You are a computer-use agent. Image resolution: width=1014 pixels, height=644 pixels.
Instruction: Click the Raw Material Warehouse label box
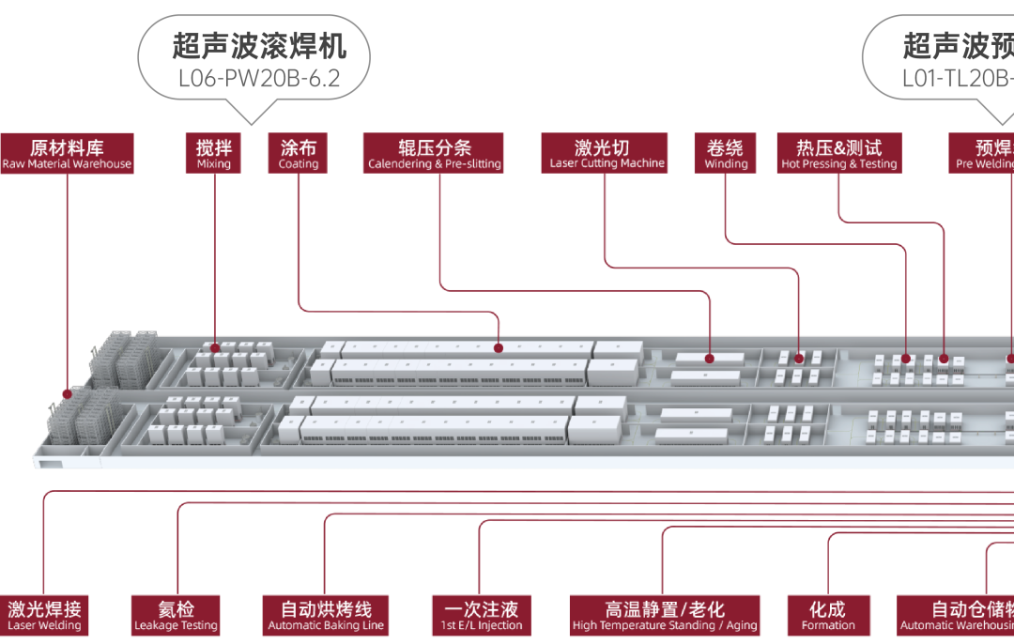[x=67, y=153]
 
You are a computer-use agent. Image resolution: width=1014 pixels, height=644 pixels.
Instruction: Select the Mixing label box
[x=214, y=153]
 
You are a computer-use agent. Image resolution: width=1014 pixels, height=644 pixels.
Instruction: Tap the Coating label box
[x=299, y=153]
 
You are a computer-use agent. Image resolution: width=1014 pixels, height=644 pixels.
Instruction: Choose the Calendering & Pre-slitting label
[x=434, y=153]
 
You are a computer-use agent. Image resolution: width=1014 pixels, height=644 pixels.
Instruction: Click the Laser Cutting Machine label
[x=604, y=153]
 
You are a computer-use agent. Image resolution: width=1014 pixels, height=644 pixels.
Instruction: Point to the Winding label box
[x=726, y=153]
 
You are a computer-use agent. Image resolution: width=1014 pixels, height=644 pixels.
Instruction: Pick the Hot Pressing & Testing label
[x=838, y=153]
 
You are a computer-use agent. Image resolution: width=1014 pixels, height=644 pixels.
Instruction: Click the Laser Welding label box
[x=44, y=616]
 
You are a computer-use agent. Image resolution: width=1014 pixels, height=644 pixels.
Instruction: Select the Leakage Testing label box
[x=176, y=616]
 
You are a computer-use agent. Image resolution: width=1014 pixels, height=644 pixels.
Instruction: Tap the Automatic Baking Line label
[x=325, y=616]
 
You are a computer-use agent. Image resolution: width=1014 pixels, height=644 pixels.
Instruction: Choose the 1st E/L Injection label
[x=481, y=616]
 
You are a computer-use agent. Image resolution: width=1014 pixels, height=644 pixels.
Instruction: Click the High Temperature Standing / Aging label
[x=664, y=616]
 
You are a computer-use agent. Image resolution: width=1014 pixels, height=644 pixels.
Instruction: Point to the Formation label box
[x=828, y=616]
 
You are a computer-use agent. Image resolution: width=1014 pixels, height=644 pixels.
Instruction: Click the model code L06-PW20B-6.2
[x=258, y=78]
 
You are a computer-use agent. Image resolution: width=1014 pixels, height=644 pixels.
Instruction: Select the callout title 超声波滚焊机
[x=259, y=45]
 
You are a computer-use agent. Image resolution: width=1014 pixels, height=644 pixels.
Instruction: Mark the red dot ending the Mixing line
[x=215, y=346]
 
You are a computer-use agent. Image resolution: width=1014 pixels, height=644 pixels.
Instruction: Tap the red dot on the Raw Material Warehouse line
[x=67, y=393]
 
